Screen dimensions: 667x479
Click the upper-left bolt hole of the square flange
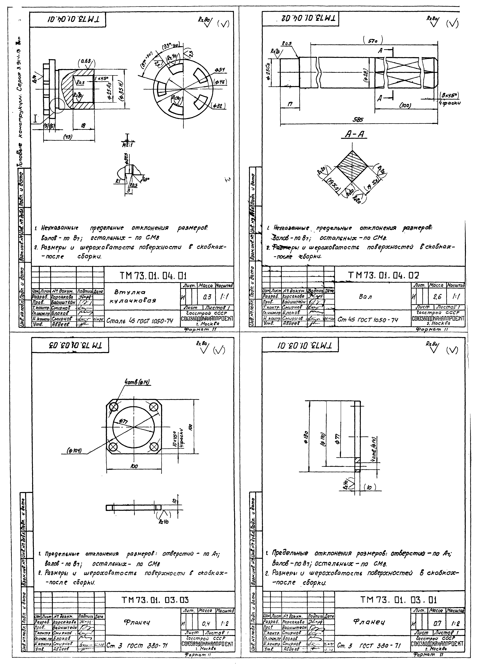[x=114, y=407]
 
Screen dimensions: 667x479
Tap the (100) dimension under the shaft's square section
[x=407, y=105]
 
